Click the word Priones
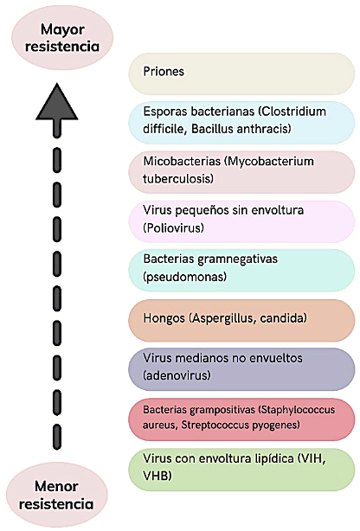tap(164, 72)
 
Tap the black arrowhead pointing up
tap(57, 102)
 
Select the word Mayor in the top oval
tap(62, 29)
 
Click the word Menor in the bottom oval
tap(56, 486)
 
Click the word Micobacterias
tap(182, 161)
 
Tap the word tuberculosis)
tap(178, 178)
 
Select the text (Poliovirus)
tap(174, 227)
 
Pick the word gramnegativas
tap(237, 259)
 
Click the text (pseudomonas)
tap(184, 277)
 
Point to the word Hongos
tap(164, 318)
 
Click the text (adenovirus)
tap(177, 375)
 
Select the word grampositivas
tap(222, 410)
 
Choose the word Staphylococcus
tap(297, 410)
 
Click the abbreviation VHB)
tap(157, 476)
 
